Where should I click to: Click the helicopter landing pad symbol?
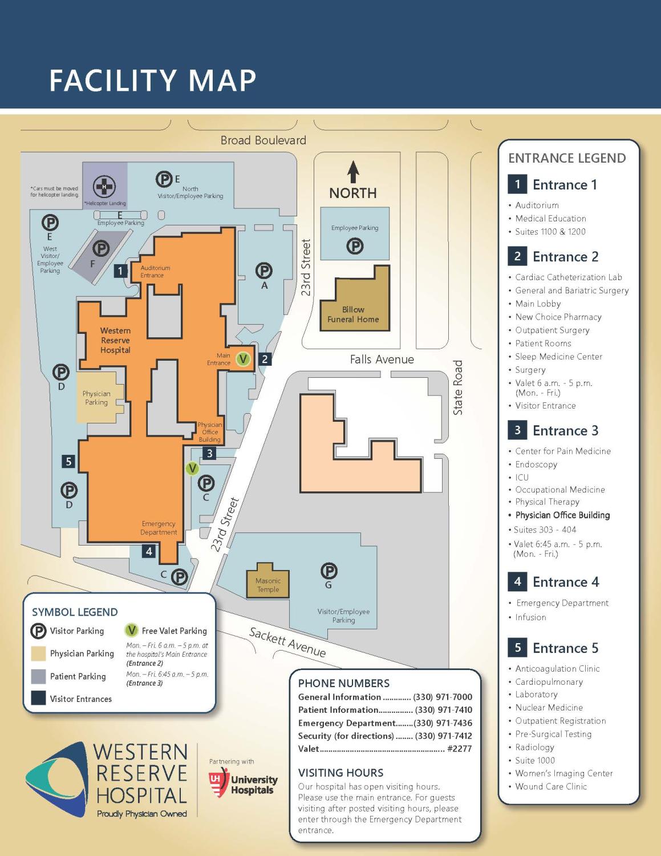[x=104, y=187]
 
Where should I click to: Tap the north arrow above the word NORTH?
[x=354, y=172]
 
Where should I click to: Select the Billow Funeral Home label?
[x=353, y=314]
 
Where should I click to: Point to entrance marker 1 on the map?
[x=120, y=270]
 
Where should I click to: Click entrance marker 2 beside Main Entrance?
[x=265, y=360]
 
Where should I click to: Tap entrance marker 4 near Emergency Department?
[x=149, y=551]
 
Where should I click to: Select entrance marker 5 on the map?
[x=69, y=461]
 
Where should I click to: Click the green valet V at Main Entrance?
[x=244, y=359]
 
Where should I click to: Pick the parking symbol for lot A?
[x=263, y=270]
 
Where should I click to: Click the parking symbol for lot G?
[x=329, y=570]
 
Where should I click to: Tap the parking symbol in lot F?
[x=101, y=248]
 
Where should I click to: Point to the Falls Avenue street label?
[x=382, y=360]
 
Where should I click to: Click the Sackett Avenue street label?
[x=287, y=643]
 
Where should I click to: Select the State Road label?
[x=458, y=387]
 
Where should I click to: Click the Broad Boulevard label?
[x=263, y=140]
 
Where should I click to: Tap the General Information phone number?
[x=443, y=697]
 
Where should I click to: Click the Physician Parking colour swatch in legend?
[x=39, y=653]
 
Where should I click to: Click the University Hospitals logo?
[x=243, y=785]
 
